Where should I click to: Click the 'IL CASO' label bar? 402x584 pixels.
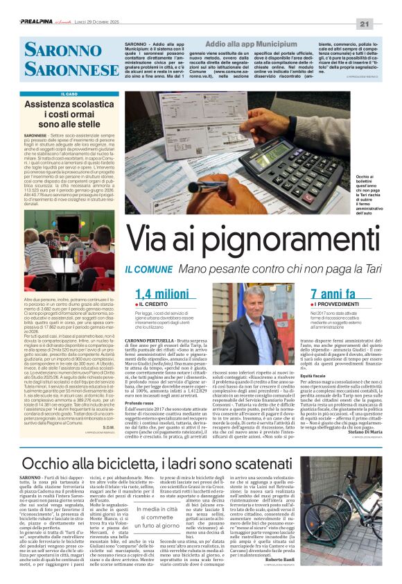click(69, 94)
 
